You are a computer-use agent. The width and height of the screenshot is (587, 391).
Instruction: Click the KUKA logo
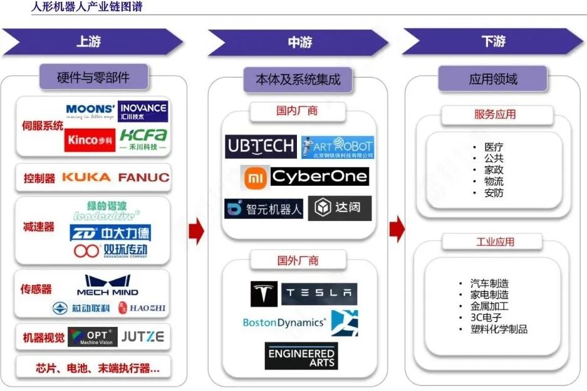pyautogui.click(x=86, y=178)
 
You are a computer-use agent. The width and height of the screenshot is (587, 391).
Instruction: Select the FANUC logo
pyautogui.click(x=143, y=178)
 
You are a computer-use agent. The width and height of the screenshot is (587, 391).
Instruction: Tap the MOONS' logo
pyautogui.click(x=90, y=112)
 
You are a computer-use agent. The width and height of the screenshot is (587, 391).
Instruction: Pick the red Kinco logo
pyautogui.click(x=90, y=140)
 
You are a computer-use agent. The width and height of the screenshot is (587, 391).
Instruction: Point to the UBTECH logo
pyautogui.click(x=261, y=146)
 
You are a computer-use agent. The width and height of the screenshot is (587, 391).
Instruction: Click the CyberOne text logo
pyautogui.click(x=319, y=177)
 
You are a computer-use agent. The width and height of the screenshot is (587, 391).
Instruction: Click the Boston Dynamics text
pyautogui.click(x=284, y=323)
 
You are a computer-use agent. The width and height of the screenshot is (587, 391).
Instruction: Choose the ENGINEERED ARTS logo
pyautogui.click(x=301, y=356)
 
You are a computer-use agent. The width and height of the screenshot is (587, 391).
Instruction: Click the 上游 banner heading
pyautogui.click(x=88, y=42)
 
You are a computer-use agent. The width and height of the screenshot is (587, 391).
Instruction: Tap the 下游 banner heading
pyautogui.click(x=493, y=42)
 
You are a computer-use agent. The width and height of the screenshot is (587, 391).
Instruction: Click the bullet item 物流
pyautogui.click(x=493, y=181)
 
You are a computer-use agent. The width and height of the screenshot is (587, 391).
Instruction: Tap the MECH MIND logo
pyautogui.click(x=108, y=286)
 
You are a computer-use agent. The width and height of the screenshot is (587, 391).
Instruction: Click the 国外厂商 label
pyautogui.click(x=298, y=260)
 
